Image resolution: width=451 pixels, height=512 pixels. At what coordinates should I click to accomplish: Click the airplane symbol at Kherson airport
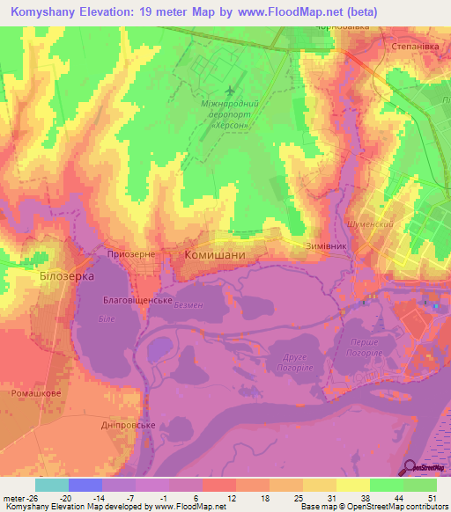231,91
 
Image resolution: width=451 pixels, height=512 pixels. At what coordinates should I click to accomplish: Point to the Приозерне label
131,253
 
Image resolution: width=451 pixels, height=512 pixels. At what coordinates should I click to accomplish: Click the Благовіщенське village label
137,300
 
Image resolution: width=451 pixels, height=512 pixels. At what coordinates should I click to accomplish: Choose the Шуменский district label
370,224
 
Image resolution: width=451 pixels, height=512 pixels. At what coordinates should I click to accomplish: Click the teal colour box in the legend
52,485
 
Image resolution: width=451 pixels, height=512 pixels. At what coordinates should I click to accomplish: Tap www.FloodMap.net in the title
290,12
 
